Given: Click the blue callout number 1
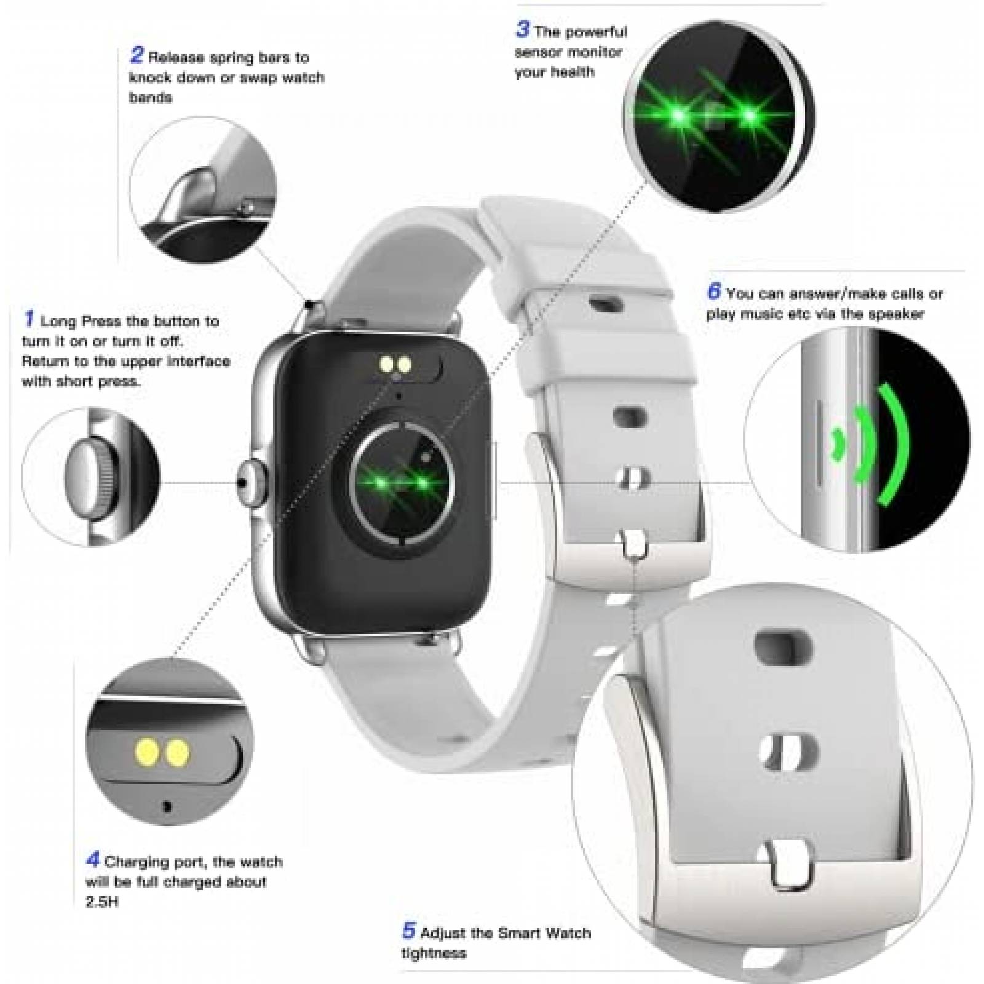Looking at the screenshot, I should coord(28,319).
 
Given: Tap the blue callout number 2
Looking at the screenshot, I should coord(136,55).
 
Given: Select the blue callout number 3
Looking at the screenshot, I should coord(522,29).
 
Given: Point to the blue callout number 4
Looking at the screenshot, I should coord(93,859).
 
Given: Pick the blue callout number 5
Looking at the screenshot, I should coord(409,930).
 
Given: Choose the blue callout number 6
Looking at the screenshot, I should coord(713,291).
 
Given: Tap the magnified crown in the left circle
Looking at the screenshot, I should coord(89,475).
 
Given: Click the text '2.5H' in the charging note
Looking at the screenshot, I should coord(101,902).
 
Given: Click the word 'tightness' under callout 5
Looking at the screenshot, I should coord(434,953).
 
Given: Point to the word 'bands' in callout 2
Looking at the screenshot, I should coord(151,98).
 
